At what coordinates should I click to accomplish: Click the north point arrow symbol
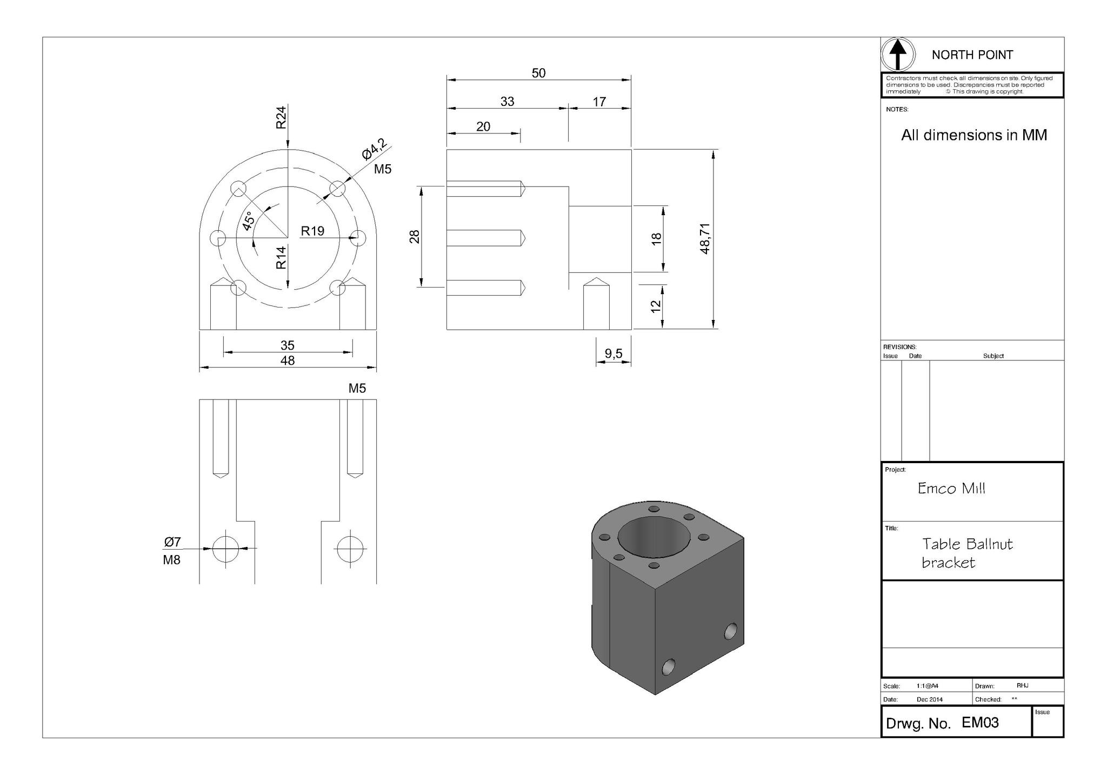coord(898,55)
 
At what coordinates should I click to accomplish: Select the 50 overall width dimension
coord(538,73)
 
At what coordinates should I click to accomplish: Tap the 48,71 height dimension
coord(705,238)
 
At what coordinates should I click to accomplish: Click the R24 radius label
coord(281,117)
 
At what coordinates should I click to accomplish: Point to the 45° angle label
coord(248,221)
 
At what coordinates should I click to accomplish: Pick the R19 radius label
coord(312,231)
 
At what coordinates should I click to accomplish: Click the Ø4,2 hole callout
coord(375,149)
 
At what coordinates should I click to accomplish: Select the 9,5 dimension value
coord(613,353)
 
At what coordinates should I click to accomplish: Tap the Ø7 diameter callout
coord(172,542)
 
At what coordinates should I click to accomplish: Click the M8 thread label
coord(171,560)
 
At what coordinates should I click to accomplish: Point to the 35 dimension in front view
coord(287,345)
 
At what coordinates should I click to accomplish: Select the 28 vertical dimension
coord(415,237)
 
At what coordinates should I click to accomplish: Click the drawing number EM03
coord(980,723)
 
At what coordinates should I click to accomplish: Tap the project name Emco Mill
coord(951,489)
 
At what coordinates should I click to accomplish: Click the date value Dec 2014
coord(929,699)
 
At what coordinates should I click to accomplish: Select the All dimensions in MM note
coord(973,135)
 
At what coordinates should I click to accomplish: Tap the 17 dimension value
coord(599,102)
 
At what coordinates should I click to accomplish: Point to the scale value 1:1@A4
coord(927,686)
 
